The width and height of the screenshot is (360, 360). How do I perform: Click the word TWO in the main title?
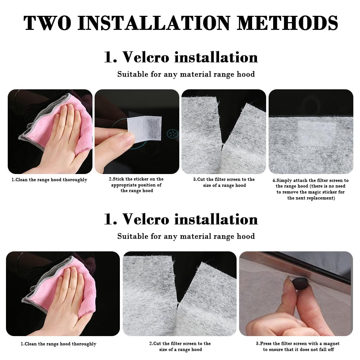pyautogui.click(x=47, y=23)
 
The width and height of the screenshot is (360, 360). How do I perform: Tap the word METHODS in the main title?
pyautogui.click(x=288, y=23)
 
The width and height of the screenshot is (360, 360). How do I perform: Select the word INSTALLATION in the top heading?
pyautogui.click(x=154, y=23)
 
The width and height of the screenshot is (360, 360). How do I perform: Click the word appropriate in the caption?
pyautogui.click(x=125, y=185)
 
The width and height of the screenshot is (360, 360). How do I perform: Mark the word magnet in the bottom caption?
pyautogui.click(x=331, y=344)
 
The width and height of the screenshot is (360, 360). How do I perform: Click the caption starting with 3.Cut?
pyautogui.click(x=224, y=182)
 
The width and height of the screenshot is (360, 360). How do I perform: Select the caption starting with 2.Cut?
pyautogui.click(x=180, y=346)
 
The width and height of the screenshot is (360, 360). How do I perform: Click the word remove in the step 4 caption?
pyautogui.click(x=290, y=192)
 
